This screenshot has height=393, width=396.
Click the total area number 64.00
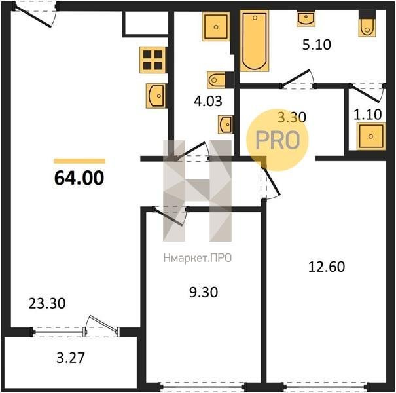click(79, 178)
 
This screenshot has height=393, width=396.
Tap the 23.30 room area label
click(47, 303)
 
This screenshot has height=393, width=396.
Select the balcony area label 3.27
click(71, 358)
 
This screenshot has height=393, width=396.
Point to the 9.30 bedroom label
click(204, 292)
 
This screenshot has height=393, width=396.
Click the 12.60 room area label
click(327, 267)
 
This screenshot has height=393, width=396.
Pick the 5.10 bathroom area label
click(317, 45)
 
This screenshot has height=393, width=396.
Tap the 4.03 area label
click(208, 101)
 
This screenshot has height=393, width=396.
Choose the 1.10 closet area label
click(367, 115)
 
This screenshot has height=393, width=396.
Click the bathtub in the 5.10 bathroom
click(255, 41)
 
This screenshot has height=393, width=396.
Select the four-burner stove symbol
click(153, 60)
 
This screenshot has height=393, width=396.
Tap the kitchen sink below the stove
click(156, 96)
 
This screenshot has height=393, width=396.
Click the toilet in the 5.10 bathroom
click(367, 24)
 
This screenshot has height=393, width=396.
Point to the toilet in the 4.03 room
click(221, 80)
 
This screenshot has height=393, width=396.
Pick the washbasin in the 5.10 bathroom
click(306, 18)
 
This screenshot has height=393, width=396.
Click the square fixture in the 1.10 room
click(371, 136)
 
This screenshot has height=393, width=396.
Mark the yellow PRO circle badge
click(278, 140)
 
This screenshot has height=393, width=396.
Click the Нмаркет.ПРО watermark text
click(198, 258)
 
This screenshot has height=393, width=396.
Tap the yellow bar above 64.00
click(79, 161)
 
